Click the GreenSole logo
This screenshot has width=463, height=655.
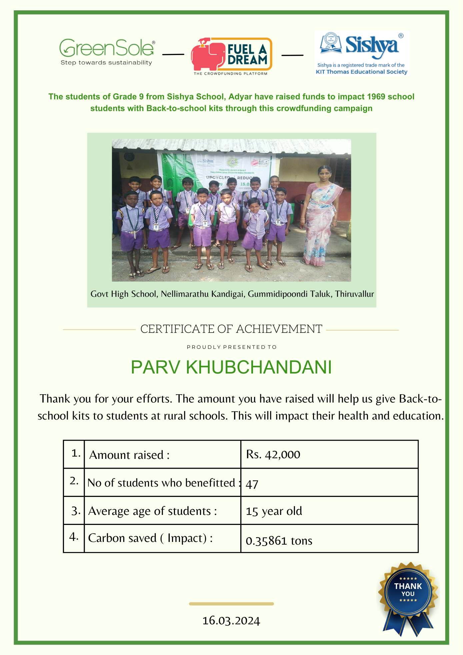(107, 52)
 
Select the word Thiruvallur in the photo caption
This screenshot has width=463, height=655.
(355, 294)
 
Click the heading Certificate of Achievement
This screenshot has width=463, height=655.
(231, 329)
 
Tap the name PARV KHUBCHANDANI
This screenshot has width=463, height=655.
(231, 368)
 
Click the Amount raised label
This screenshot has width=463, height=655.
(130, 455)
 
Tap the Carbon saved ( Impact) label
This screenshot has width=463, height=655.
(150, 538)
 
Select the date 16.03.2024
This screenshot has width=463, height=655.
(231, 621)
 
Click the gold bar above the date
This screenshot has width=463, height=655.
(231, 604)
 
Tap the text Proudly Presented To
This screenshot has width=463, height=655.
(232, 347)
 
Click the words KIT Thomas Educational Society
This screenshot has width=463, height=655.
(362, 72)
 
